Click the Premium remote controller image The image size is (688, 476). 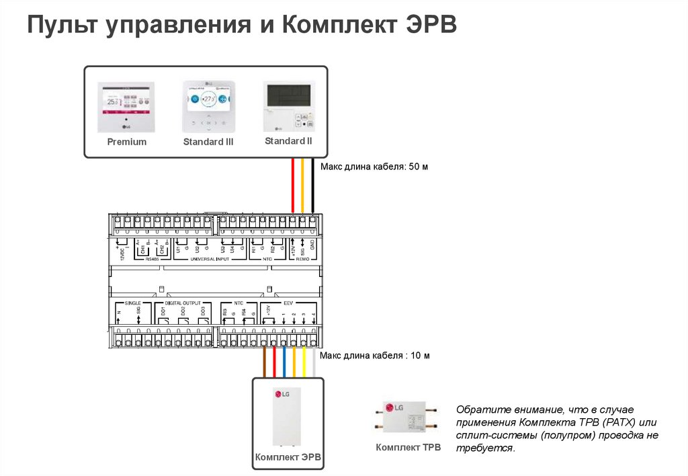click(x=126, y=108)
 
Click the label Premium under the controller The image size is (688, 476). click(x=126, y=142)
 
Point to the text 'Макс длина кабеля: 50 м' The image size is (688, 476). click(x=374, y=167)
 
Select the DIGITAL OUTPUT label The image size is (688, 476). click(x=183, y=303)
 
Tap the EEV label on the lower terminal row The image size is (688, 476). click(x=288, y=303)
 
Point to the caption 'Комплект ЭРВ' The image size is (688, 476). click(x=288, y=458)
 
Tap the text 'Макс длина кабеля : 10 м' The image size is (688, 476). click(x=374, y=355)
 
